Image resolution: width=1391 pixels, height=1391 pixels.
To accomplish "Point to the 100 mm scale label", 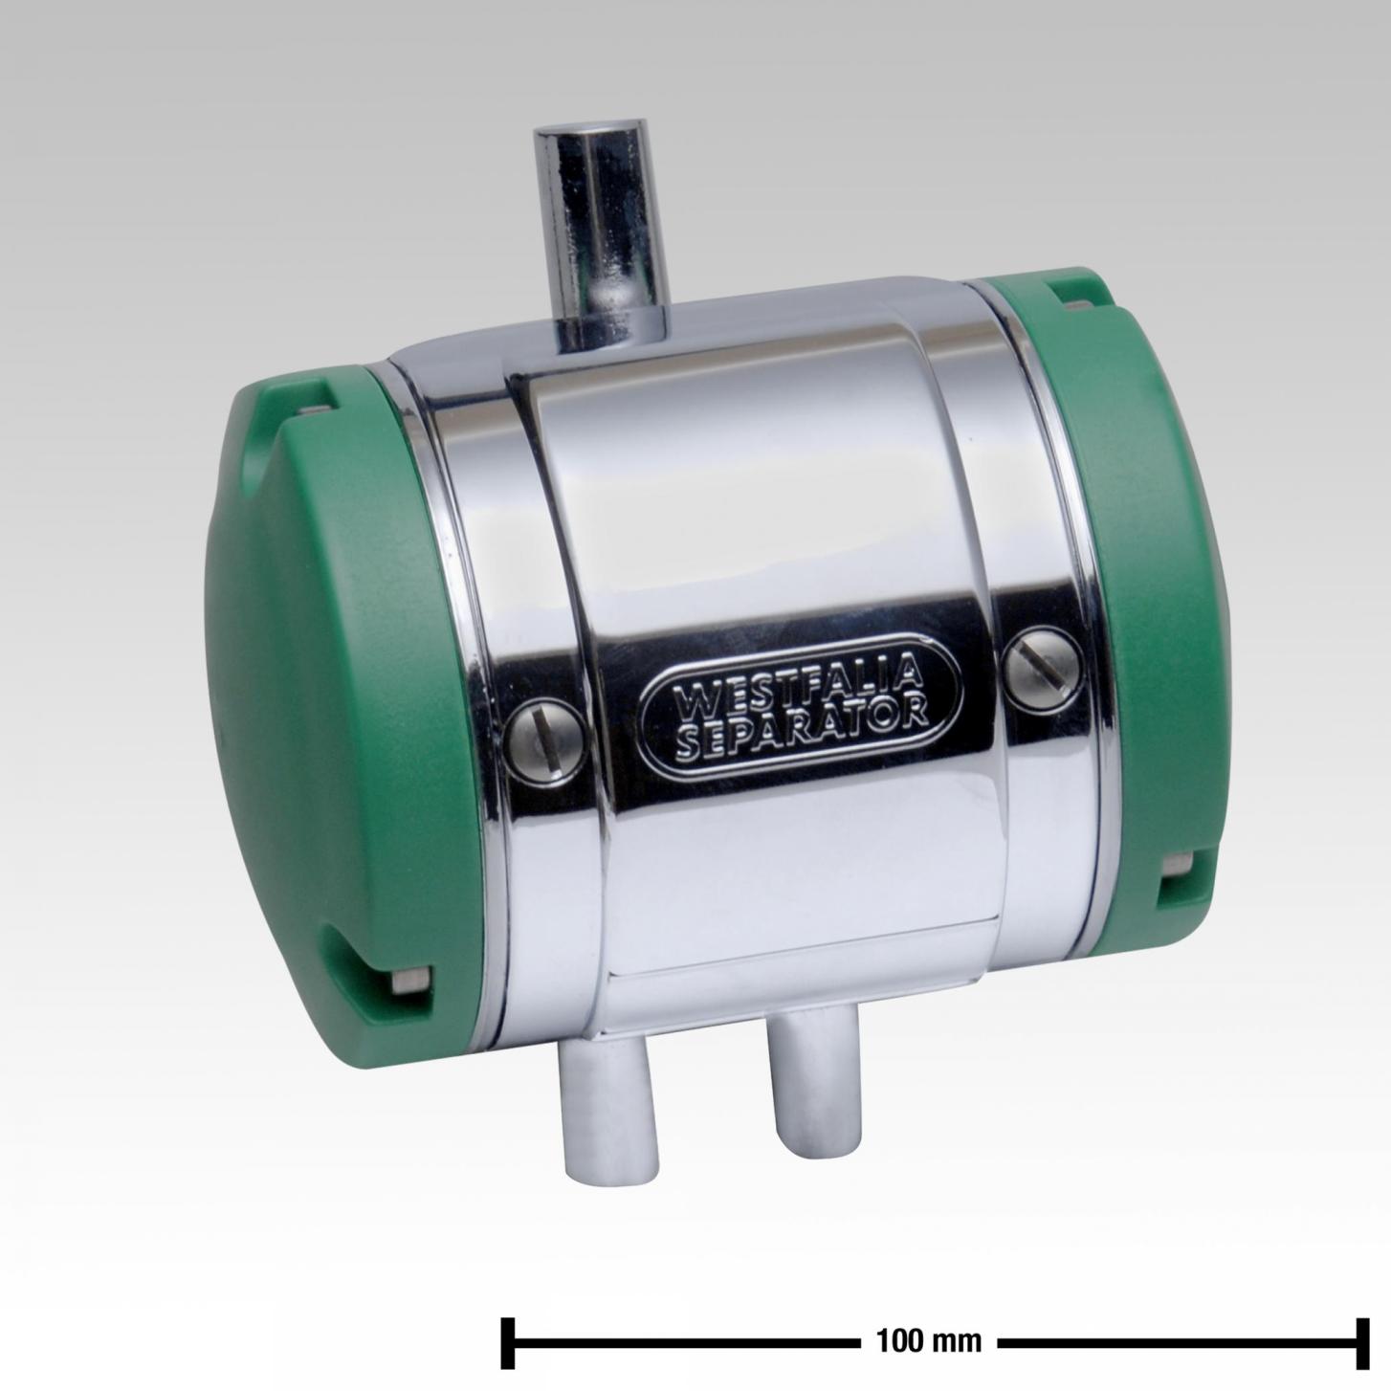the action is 929,1320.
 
